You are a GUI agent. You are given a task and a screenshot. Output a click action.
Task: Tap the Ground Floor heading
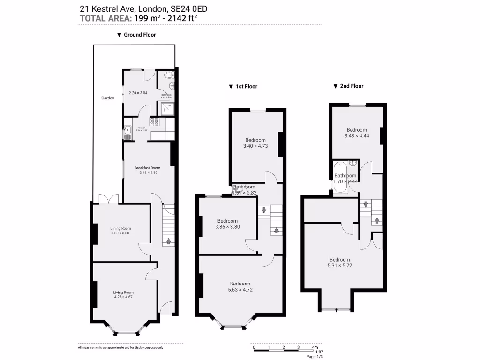pos(139,35)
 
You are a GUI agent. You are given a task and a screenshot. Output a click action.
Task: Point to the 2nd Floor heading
pos(352,86)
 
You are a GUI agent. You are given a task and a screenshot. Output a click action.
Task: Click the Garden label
pos(108,98)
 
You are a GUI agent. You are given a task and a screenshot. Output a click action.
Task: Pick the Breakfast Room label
pos(147,168)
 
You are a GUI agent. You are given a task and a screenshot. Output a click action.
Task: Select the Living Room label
pos(123,292)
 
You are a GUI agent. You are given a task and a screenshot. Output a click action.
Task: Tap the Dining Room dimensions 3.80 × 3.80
pos(120,233)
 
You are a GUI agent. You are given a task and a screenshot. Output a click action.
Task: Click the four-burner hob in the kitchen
pos(155,122)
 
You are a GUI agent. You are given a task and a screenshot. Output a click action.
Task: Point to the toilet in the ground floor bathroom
pos(168,76)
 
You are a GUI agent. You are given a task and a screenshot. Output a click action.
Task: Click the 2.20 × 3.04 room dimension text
pos(138,93)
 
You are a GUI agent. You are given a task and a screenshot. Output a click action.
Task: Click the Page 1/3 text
pos(314,357)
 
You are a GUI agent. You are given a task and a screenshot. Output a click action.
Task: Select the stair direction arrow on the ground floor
pos(168,241)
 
